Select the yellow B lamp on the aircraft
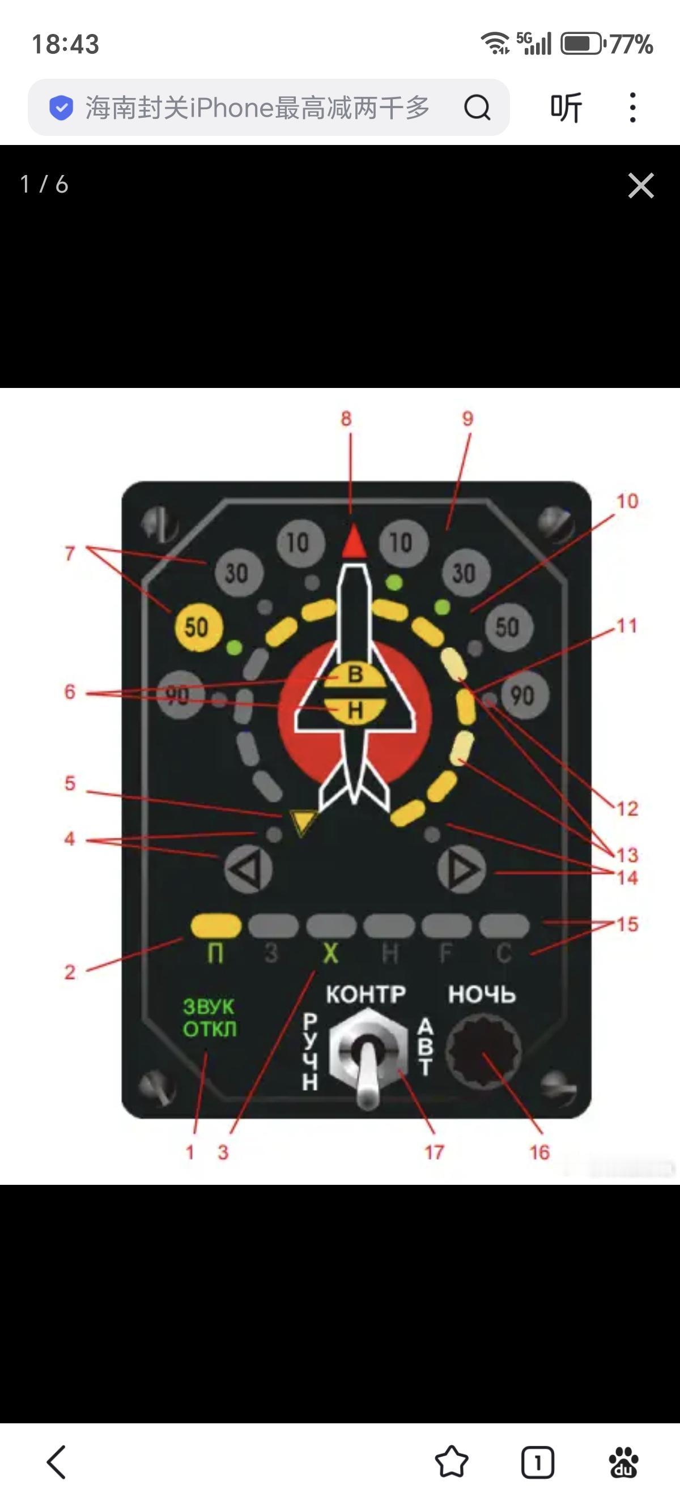[355, 675]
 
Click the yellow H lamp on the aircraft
[355, 710]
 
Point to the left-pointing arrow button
[248, 869]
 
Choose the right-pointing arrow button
[462, 869]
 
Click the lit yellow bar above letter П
[216, 925]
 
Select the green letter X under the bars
[331, 954]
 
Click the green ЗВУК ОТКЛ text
[209, 1017]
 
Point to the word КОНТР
[365, 994]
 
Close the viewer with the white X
[641, 185]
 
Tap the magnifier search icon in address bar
[477, 107]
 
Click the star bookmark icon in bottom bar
[452, 1462]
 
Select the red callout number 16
[539, 1152]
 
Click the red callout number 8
[346, 419]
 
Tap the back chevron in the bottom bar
[57, 1462]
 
